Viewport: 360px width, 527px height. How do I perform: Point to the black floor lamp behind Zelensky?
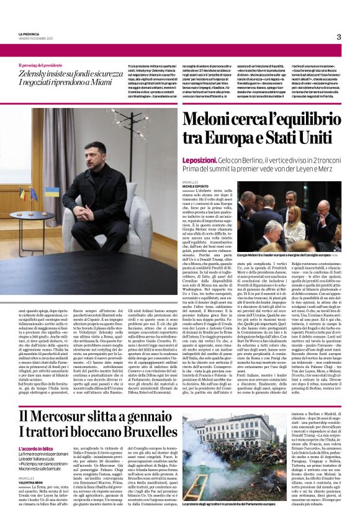[142, 161]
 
